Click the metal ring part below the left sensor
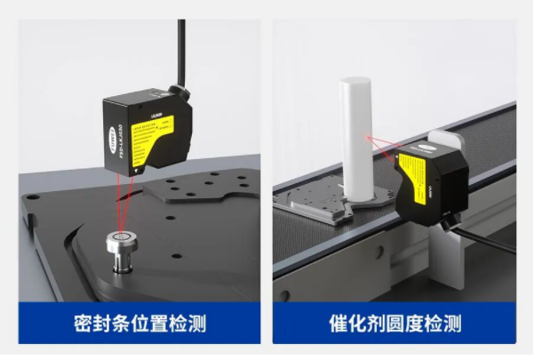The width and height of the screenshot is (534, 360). click(x=122, y=243)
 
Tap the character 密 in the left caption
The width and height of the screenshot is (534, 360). click(x=86, y=323)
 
